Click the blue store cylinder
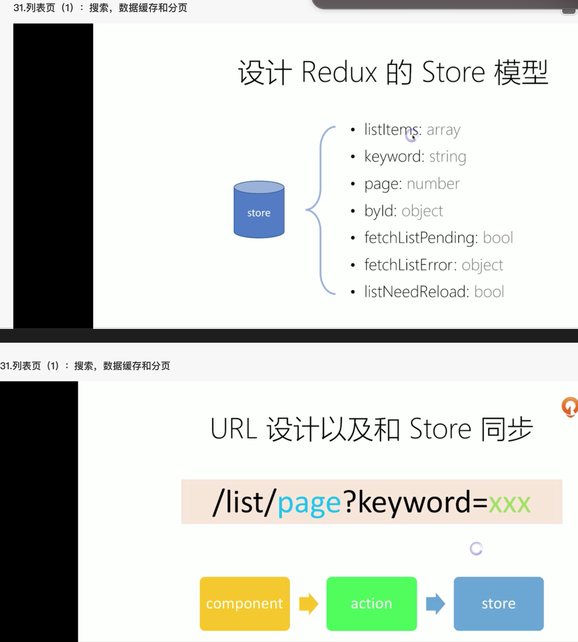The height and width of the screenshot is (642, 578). pos(259,210)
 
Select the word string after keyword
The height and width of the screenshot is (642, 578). pos(448,157)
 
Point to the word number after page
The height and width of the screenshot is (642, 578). pos(433,184)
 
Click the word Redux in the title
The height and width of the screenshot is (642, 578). pos(339,72)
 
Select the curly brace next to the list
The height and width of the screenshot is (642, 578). pos(321,210)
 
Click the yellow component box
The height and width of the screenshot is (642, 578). pos(245,603)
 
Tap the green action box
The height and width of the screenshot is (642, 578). pos(371,603)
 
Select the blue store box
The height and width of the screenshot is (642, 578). pos(498,603)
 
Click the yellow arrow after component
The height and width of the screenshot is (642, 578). pos(309,604)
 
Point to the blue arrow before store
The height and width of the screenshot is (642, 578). pos(436,604)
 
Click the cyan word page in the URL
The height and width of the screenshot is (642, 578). pos(309,503)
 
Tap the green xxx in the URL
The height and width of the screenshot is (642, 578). pos(509,503)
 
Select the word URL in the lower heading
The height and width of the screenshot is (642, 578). pos(234,429)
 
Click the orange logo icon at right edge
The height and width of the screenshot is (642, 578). pos(570,406)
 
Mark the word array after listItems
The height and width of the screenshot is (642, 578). pos(443,130)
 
